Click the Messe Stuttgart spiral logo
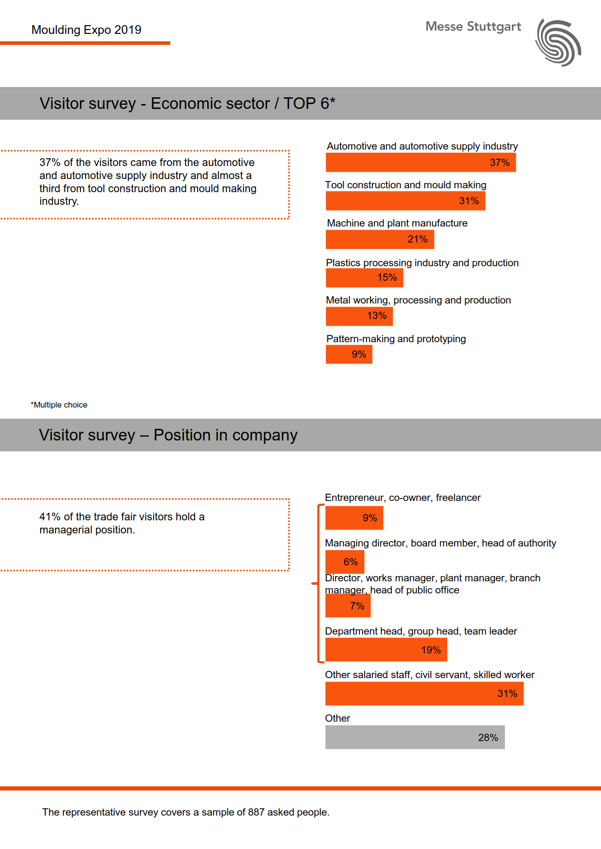click(x=558, y=43)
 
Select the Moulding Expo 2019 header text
click(x=86, y=30)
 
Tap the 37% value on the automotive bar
click(x=499, y=163)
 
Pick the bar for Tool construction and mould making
click(x=405, y=201)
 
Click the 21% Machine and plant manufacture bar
click(x=380, y=239)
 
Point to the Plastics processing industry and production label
click(x=422, y=263)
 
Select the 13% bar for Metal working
click(x=359, y=316)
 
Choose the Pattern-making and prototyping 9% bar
click(x=349, y=354)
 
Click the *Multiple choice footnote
click(x=59, y=405)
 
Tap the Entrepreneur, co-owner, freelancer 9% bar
click(x=354, y=518)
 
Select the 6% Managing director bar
click(x=344, y=562)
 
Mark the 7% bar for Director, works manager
click(x=348, y=606)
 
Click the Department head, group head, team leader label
click(x=421, y=631)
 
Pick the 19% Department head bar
click(x=386, y=650)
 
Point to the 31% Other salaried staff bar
click(x=424, y=694)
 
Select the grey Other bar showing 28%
click(x=415, y=737)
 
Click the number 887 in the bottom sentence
click(x=256, y=812)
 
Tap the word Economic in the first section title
click(x=210, y=104)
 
